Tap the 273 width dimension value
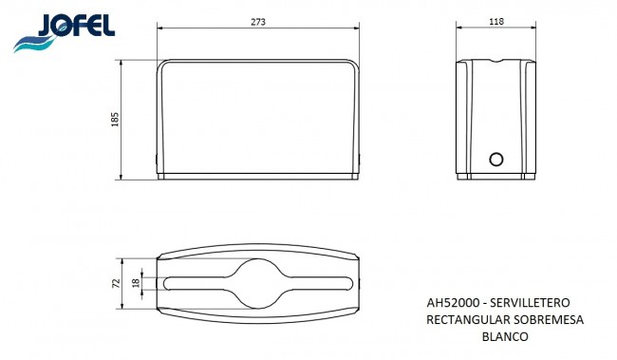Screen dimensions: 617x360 [x=258, y=22]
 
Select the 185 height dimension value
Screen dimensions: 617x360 [x=115, y=120]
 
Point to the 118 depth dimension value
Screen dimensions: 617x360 [x=496, y=22]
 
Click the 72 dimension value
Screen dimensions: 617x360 [x=116, y=283]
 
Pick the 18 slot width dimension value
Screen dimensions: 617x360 [x=136, y=282]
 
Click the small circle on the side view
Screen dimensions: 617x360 [x=496, y=160]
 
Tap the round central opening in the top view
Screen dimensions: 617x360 [x=258, y=283]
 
